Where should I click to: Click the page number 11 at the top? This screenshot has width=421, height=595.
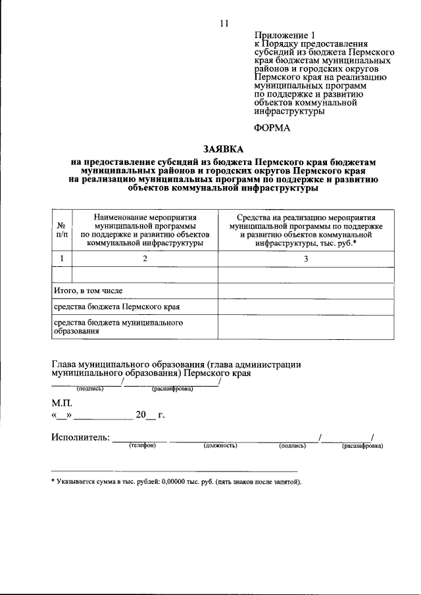223,24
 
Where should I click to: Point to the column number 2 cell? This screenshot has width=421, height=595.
145,259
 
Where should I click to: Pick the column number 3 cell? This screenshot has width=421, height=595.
305,259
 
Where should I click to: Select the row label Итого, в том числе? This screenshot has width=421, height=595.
88,290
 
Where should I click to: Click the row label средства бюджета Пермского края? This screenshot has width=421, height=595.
116,306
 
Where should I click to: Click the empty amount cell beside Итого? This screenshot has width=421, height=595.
305,290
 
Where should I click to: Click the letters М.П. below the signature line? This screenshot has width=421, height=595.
63,402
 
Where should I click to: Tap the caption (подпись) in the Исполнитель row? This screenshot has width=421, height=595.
293,446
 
